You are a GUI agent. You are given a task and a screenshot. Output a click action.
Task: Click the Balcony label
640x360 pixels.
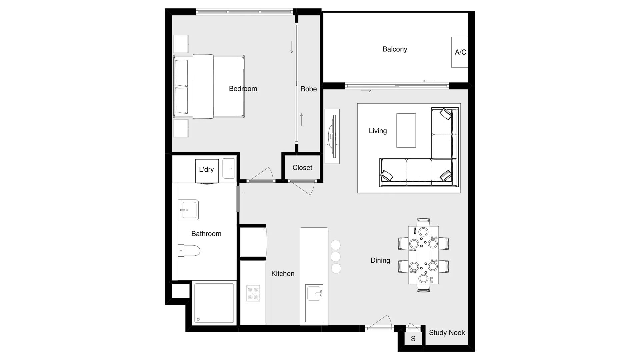tap(395, 49)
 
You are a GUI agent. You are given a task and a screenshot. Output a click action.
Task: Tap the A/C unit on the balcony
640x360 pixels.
tap(460, 52)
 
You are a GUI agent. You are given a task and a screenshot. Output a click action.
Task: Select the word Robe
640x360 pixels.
tap(308, 89)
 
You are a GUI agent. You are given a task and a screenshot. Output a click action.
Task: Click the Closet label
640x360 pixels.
tap(302, 168)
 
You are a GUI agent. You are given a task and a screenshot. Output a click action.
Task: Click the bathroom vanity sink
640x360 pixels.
tap(188, 210)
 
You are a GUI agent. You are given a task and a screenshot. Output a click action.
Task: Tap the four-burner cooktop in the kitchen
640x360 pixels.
tap(253, 293)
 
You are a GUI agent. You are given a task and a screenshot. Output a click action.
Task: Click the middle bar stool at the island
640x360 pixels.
tap(336, 257)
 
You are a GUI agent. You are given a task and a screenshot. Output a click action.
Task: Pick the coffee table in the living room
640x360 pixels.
tap(406, 130)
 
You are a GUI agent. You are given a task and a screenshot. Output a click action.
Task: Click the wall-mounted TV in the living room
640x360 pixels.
tap(332, 136)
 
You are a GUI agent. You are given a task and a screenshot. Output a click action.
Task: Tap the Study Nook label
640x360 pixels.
tap(447, 333)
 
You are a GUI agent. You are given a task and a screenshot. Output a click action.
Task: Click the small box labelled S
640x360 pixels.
tap(413, 339)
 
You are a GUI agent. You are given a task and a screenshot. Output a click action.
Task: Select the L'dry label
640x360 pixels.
tap(206, 169)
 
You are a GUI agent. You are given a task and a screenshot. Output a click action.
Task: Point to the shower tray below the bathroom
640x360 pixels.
tap(214, 303)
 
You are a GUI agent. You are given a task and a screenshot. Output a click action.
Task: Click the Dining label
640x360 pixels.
tap(380, 260)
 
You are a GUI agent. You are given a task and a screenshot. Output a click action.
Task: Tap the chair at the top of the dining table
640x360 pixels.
tap(423, 222)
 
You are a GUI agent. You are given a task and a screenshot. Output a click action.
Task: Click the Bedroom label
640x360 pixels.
tap(243, 89)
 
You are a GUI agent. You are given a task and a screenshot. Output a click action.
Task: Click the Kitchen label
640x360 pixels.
tap(283, 274)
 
